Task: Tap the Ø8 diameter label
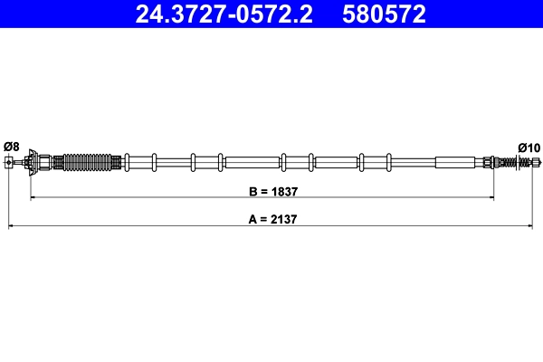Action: [x=11, y=146]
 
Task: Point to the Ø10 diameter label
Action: [x=529, y=147]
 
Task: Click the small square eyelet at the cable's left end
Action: [x=9, y=162]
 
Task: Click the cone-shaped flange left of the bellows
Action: [x=33, y=162]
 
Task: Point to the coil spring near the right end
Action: [x=520, y=162]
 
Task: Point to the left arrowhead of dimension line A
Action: [x=11, y=225]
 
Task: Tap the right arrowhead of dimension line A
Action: [x=538, y=225]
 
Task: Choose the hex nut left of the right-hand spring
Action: [x=488, y=162]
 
